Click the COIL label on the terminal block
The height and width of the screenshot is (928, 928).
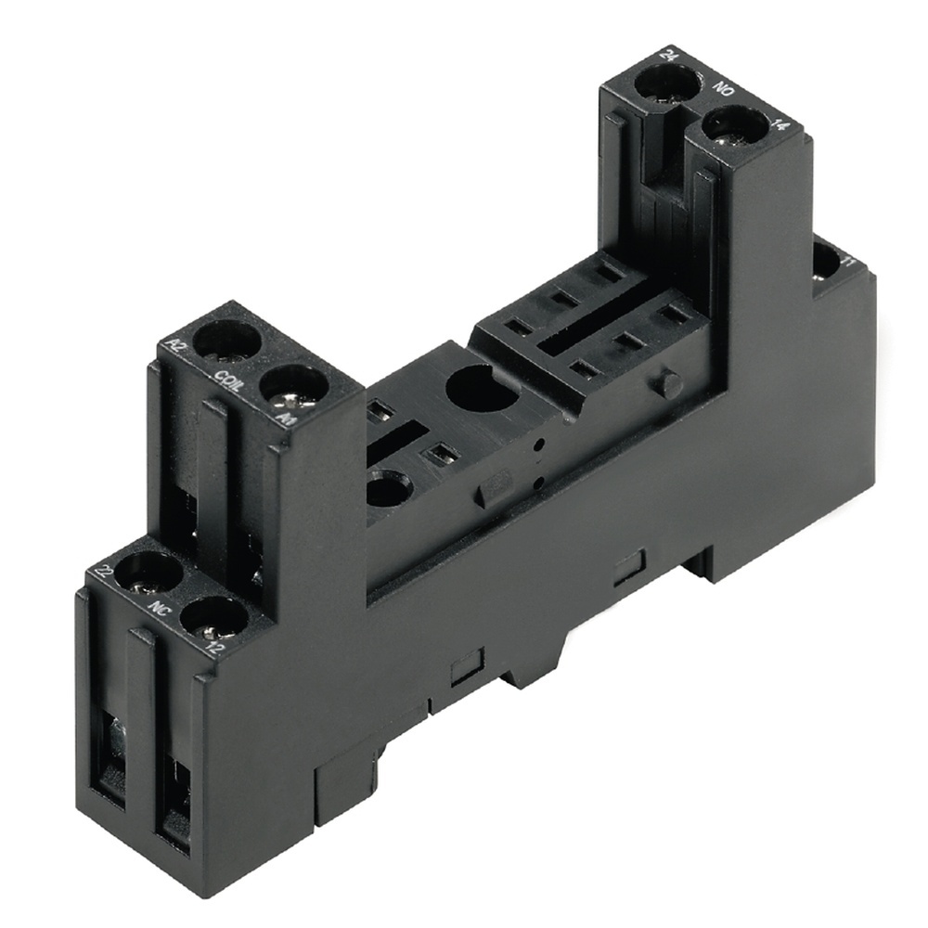pos(227,381)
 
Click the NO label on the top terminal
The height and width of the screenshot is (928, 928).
pos(725,93)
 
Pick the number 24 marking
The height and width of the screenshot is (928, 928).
pos(666,54)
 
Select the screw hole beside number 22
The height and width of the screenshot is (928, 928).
pos(147,573)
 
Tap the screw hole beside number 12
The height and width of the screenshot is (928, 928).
pos(213,615)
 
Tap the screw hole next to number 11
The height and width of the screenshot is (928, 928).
pos(824,264)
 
